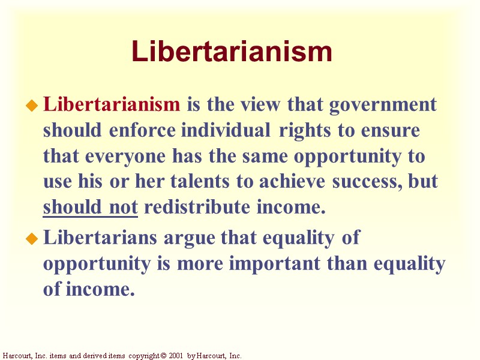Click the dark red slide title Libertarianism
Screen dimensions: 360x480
[232, 52]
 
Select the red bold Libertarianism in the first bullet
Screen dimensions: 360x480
[112, 104]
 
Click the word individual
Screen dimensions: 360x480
[227, 130]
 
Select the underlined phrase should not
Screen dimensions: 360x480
[91, 208]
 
